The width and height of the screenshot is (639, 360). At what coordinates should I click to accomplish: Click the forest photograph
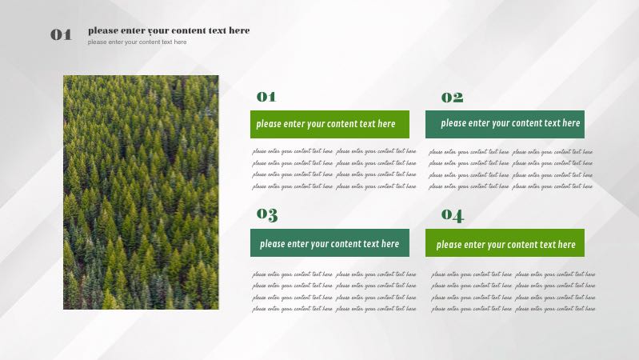(x=141, y=192)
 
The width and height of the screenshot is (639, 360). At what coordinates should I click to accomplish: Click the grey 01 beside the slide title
(x=61, y=34)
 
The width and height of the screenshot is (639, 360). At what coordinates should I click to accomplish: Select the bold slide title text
(x=169, y=30)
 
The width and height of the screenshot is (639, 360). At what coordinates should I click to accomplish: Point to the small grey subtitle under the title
(x=137, y=42)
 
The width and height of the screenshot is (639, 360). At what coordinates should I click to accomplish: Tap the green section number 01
(x=266, y=97)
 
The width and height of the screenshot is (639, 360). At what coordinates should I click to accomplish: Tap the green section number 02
(x=452, y=98)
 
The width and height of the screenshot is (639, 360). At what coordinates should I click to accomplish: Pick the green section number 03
(x=267, y=214)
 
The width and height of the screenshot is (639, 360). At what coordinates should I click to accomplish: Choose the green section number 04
(x=452, y=215)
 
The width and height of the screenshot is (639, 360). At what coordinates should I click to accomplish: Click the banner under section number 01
(x=329, y=124)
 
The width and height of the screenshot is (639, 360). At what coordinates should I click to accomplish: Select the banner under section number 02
(x=505, y=124)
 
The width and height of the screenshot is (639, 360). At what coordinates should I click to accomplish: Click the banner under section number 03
(x=329, y=243)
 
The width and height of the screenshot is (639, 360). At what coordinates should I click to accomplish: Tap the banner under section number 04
(x=505, y=243)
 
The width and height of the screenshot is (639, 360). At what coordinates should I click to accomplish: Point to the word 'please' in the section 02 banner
(x=453, y=123)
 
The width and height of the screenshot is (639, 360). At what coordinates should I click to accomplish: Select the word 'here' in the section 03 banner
(x=389, y=243)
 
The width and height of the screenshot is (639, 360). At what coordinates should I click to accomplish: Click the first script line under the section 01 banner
(x=334, y=151)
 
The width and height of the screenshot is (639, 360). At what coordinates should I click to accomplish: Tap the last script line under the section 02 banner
(x=510, y=186)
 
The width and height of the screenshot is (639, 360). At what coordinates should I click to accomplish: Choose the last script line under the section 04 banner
(x=513, y=309)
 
